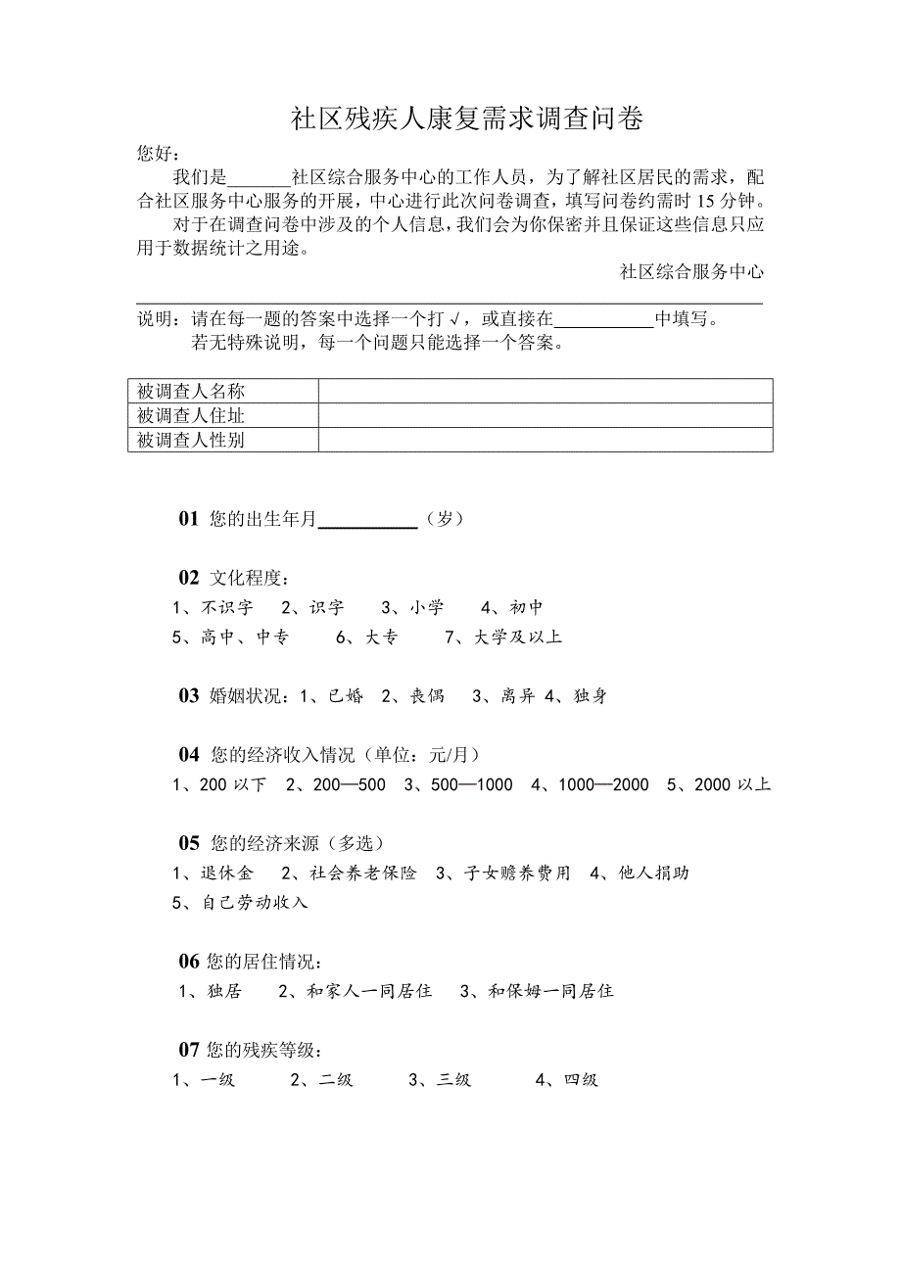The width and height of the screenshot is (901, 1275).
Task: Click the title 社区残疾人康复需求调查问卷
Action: point(467,119)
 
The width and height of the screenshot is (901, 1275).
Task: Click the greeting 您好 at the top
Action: point(158,154)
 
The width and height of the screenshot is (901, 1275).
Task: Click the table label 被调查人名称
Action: point(190,392)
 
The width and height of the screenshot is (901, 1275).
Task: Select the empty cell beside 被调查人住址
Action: point(545,416)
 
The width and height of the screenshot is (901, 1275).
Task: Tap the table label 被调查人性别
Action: point(190,441)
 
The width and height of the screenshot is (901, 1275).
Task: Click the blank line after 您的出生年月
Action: point(368,520)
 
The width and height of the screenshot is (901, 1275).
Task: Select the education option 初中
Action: point(525,608)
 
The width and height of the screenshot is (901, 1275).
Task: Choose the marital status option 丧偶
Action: point(426,696)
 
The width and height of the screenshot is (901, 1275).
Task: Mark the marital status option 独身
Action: point(590,696)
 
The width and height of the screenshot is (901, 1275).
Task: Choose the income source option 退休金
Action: point(225,873)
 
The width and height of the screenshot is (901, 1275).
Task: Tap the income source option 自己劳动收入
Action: point(254,902)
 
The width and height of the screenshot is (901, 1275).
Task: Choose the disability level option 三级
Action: point(453,1080)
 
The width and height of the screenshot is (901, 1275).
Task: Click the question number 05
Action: point(189,842)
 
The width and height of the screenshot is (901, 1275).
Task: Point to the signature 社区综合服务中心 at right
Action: point(691,272)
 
